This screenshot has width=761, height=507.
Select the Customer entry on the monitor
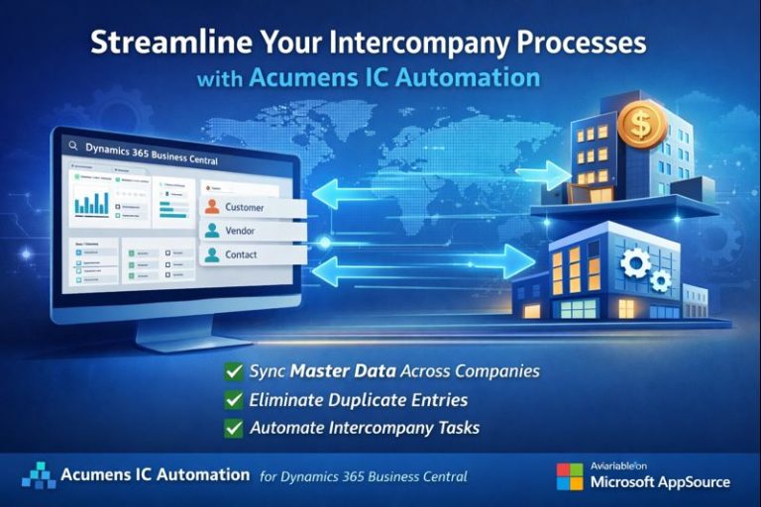245,207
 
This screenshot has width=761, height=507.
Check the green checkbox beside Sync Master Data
234,372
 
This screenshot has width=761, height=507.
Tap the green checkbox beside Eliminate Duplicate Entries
234,401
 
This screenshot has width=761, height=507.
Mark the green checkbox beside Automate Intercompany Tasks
234,429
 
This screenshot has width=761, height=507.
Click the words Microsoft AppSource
660,482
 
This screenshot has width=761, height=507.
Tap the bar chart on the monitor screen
95,202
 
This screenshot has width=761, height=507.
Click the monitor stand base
179,342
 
